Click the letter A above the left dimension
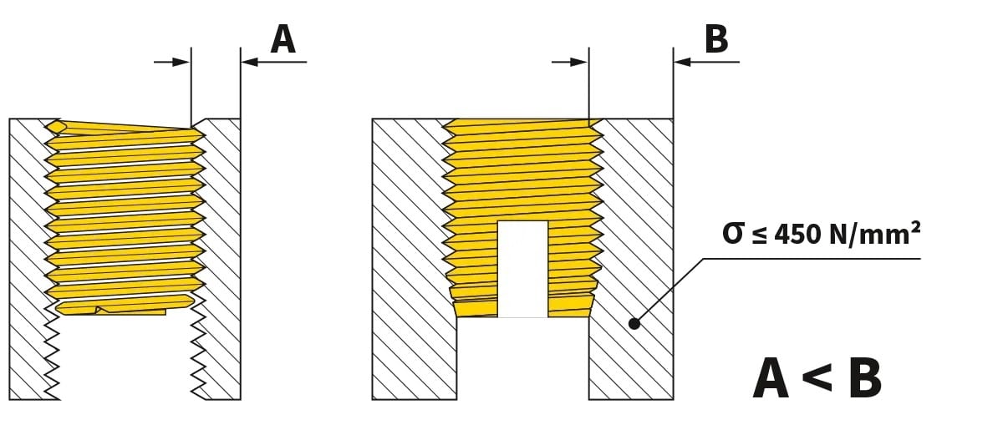283,40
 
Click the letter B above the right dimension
716,39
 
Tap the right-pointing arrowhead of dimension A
181,62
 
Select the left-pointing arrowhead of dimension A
250,62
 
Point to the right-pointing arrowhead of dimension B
579,62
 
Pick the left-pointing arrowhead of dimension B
683,62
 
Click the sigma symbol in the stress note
733,234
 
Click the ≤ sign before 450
760,235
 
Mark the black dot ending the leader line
634,323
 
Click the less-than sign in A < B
817,377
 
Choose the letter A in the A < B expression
771,378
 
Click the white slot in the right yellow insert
523,269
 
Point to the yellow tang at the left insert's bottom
131,311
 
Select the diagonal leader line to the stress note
668,291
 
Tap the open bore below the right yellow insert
523,358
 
